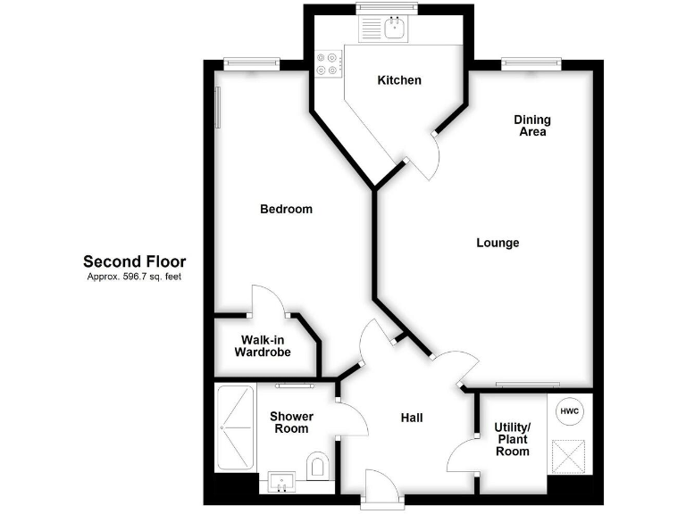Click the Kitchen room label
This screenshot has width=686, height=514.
tap(399, 80)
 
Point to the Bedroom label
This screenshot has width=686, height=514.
tap(286, 210)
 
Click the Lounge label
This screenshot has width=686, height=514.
tap(498, 243)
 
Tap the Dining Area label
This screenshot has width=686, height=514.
tap(532, 126)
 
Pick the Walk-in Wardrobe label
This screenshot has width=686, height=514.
tap(263, 345)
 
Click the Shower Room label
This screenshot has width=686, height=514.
tap(291, 422)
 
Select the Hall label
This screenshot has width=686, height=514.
tap(411, 418)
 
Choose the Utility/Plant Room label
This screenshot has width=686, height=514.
tap(513, 439)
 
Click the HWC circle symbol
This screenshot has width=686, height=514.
tap(570, 411)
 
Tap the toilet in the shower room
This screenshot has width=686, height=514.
tap(317, 465)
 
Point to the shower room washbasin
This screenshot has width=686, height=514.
tap(282, 483)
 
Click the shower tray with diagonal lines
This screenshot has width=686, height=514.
tap(235, 427)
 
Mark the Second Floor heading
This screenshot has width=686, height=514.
tap(134, 261)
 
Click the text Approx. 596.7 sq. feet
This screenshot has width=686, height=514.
tap(134, 277)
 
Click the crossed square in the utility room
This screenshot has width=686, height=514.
tap(570, 455)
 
